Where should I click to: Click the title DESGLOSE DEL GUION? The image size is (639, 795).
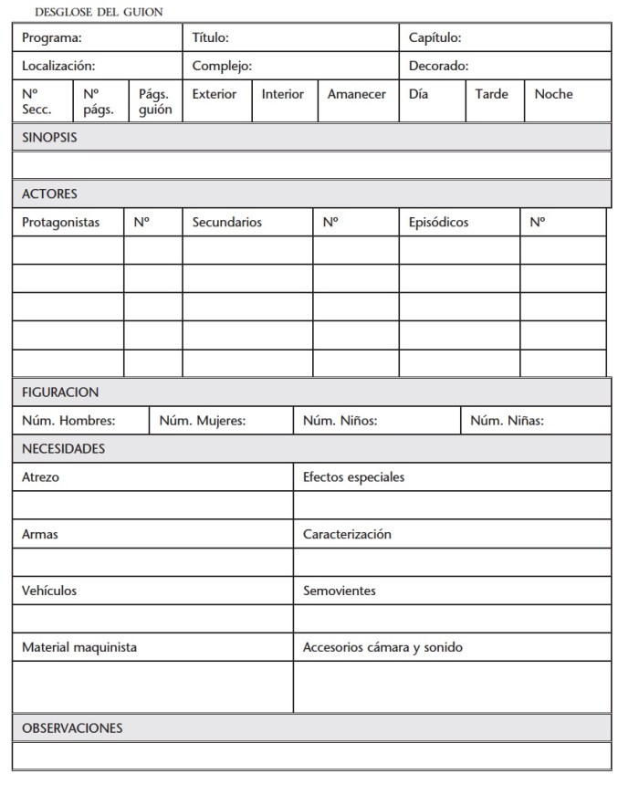(98, 12)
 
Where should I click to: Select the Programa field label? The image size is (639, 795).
(52, 38)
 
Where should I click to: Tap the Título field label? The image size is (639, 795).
(210, 38)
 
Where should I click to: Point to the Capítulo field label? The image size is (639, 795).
(435, 38)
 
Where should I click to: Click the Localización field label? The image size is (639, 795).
(58, 67)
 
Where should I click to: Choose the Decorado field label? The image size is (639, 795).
(438, 67)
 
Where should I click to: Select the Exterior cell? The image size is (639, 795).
(214, 94)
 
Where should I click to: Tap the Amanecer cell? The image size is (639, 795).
(356, 94)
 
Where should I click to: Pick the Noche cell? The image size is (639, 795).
(553, 94)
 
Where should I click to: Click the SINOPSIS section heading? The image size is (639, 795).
(49, 138)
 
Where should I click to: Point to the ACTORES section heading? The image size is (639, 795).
(49, 194)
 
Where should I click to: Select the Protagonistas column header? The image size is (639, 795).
(60, 223)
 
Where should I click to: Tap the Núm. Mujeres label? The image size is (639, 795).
(209, 421)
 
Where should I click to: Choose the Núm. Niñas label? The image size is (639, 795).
(507, 421)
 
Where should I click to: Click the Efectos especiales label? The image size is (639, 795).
(353, 477)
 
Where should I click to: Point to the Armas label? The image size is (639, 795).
(39, 534)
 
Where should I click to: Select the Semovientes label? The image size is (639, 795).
(339, 591)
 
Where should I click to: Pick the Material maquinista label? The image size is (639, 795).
(79, 647)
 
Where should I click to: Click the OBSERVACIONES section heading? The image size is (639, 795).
(72, 728)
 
